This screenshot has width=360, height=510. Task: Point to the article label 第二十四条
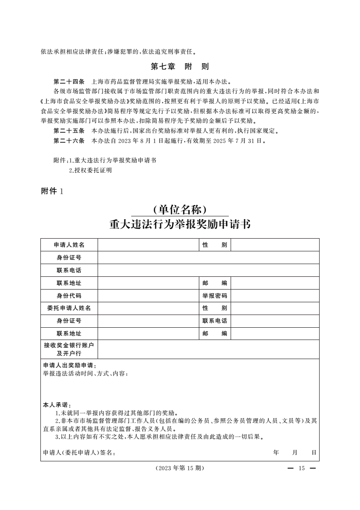point(69,82)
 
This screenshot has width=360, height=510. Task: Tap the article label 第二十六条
point(69,141)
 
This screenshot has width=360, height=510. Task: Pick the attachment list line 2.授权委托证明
point(90,170)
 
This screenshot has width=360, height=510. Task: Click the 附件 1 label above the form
point(53,191)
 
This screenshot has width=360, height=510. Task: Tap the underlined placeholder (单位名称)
point(180,210)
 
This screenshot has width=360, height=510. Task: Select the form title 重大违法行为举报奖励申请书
point(180,225)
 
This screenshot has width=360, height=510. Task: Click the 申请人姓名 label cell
point(69,245)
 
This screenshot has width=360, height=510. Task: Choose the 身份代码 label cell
point(69,296)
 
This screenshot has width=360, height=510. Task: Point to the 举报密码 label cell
point(215,296)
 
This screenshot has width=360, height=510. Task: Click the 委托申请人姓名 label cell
point(69,308)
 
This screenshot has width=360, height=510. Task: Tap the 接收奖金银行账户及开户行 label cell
point(69,350)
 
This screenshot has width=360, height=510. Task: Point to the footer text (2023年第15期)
point(180,469)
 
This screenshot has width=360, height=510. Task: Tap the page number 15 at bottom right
point(301,469)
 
